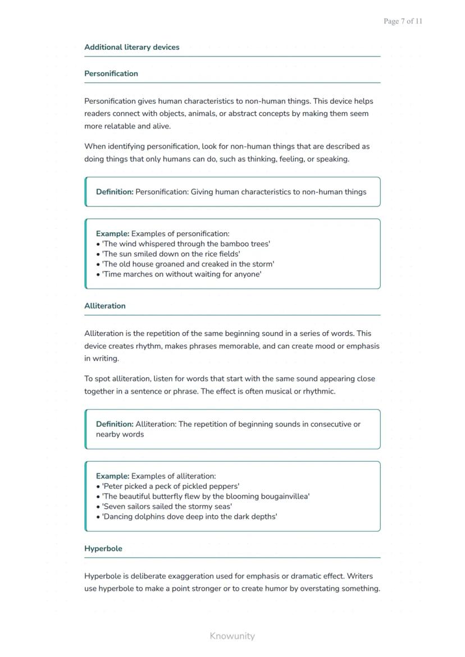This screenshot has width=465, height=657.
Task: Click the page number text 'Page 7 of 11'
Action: (403, 21)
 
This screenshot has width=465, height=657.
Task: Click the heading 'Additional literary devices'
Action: (132, 47)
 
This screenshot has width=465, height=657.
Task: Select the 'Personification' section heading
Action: (111, 73)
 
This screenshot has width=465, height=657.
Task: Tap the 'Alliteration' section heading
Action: (105, 306)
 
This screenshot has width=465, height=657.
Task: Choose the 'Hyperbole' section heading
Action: (103, 549)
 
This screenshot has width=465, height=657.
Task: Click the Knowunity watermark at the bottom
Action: (232, 636)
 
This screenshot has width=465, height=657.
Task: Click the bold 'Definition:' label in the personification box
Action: (115, 192)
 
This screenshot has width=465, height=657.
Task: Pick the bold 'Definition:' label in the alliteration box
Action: (115, 424)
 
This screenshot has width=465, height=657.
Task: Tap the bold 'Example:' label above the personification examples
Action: (112, 233)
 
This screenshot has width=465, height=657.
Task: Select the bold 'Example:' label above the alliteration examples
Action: (112, 476)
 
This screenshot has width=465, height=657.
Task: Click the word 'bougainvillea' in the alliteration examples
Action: (284, 497)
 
